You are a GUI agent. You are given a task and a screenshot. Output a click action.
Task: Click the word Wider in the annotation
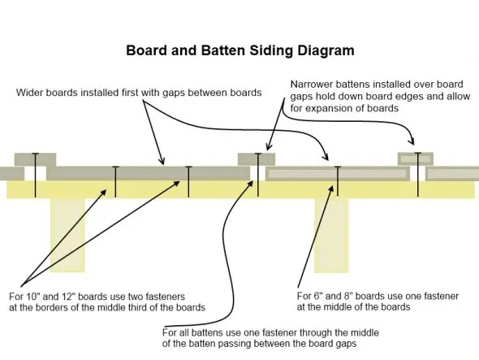point(32,92)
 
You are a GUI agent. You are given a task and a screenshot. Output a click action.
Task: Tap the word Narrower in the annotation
point(313,84)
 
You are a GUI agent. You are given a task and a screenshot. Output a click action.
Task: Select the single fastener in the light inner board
point(337,180)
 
